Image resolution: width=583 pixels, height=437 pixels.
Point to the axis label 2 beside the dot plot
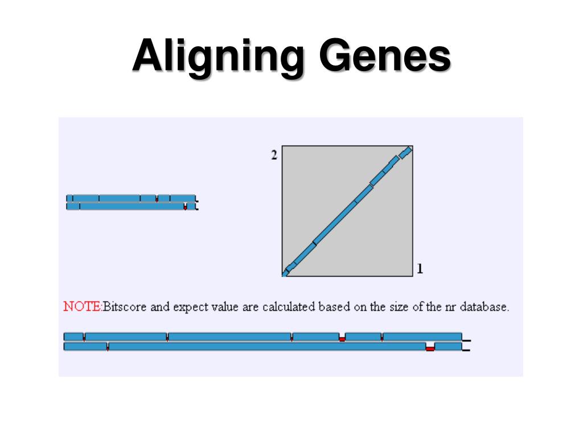tap(274, 155)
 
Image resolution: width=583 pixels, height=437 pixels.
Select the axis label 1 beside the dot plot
tap(420, 269)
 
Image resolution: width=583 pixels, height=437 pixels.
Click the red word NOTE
tap(81, 307)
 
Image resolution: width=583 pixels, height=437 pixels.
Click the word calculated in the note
tap(288, 307)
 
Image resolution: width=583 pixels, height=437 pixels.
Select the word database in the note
tap(484, 307)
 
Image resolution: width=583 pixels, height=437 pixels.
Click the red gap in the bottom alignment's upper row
tap(342, 339)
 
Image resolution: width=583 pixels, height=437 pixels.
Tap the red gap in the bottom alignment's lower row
tap(430, 348)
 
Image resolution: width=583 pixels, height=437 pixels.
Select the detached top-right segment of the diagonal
tap(405, 152)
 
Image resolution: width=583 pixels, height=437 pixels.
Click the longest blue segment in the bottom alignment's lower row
tap(266, 346)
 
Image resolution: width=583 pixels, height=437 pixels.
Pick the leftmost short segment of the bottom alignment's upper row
tap(73, 336)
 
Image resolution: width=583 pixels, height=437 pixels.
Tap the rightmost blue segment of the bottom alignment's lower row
tap(449, 346)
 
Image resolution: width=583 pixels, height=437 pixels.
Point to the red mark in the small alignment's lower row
tap(185, 208)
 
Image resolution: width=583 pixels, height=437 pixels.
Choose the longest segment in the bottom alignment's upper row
tap(230, 336)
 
